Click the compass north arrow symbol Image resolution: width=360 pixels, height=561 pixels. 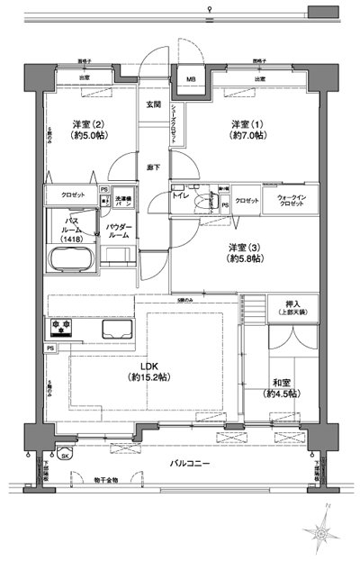323,531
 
